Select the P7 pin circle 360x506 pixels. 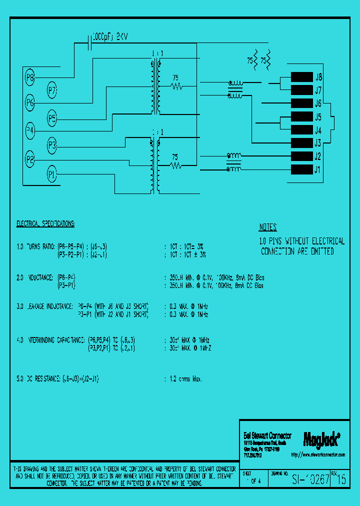tap(52, 90)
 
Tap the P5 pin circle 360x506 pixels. tap(52, 118)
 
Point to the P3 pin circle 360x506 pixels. tap(52, 146)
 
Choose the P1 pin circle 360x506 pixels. tap(52, 174)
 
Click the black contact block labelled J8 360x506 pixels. tap(301, 77)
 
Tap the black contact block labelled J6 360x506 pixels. tap(301, 103)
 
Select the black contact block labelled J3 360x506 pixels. tap(301, 143)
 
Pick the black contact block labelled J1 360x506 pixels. tap(301, 169)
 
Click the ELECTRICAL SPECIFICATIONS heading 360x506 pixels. tap(45, 223)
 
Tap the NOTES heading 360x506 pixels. tap(267, 227)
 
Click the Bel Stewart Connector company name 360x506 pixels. tap(267, 436)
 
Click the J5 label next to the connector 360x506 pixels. tap(317, 117)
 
